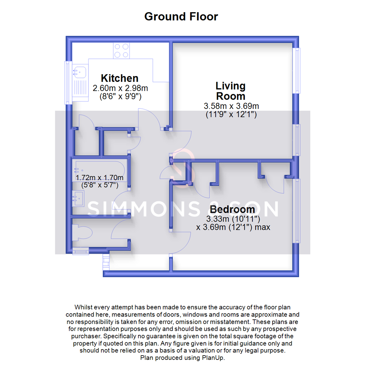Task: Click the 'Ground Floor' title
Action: coord(181,16)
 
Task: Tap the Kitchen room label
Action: coord(120,78)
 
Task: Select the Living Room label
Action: coord(231,91)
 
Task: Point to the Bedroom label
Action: coord(232,209)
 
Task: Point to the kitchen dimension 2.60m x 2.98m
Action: coord(120,89)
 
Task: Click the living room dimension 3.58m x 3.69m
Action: coord(231,106)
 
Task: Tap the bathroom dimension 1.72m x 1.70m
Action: coord(99,178)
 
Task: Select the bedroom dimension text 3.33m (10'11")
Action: coord(233,219)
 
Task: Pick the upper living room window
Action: coord(297,70)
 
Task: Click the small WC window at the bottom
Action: coord(80,251)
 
